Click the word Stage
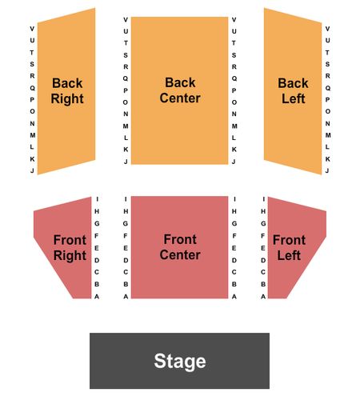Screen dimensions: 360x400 pos(180,361)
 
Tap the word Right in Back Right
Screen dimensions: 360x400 pos(67,99)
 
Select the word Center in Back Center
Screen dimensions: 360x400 pos(180,98)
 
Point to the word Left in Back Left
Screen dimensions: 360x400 pos(294,98)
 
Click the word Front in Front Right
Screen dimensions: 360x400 pos(70,240)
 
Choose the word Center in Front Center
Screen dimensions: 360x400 pos(180,254)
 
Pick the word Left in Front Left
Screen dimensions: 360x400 pos(289,255)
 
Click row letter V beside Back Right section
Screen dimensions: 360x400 pos(32,29)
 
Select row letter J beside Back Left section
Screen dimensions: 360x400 pos(327,170)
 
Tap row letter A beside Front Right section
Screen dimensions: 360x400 pos(97,296)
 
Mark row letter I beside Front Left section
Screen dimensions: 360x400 pos(263,199)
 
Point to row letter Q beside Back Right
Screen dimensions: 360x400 pos(32,88)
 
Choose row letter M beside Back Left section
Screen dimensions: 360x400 pos(328,135)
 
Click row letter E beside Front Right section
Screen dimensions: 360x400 pos(97,248)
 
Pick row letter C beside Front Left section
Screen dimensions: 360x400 pos(263,272)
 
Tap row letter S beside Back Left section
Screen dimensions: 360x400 pos(327,64)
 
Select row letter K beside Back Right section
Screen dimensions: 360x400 pos(32,159)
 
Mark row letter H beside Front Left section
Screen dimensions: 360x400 pos(263,211)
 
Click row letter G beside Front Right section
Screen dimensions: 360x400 pos(97,223)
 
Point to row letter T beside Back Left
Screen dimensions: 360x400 pos(327,53)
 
